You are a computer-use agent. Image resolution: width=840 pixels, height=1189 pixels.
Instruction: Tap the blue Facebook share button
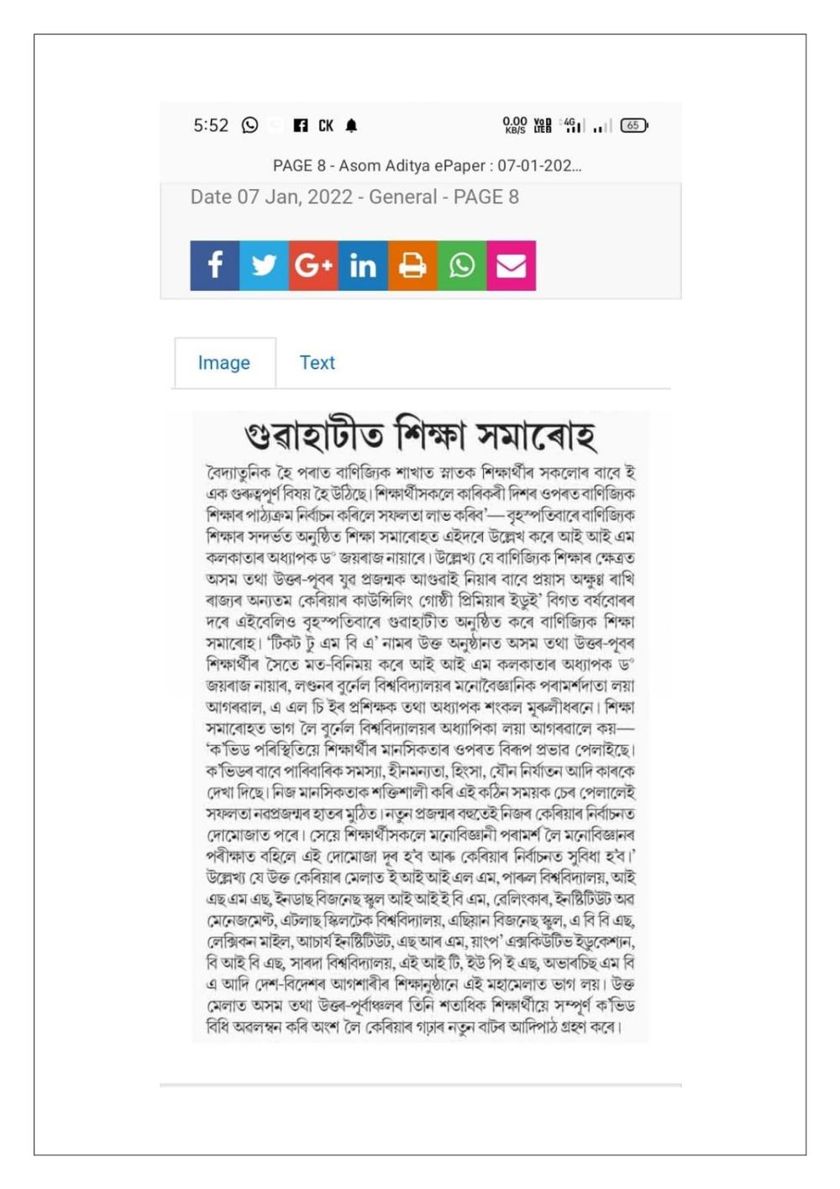click(215, 266)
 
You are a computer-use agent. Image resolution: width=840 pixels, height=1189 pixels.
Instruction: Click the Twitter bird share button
click(264, 266)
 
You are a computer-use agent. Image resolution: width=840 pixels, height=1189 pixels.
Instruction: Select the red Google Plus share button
click(313, 266)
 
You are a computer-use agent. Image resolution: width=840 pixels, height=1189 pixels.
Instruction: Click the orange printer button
click(412, 266)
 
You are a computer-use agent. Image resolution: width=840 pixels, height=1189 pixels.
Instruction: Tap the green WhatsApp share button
click(462, 266)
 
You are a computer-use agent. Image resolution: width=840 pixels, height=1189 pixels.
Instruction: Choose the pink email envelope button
click(511, 266)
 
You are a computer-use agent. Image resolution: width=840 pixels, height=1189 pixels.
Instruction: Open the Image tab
click(224, 363)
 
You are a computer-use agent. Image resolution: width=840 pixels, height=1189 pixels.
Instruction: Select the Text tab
click(317, 363)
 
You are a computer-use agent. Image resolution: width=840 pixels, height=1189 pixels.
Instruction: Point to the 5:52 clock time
click(211, 126)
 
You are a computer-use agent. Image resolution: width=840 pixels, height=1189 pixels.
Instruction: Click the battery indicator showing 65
click(633, 126)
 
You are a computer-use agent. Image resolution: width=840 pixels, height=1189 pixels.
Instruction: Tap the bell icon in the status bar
click(351, 126)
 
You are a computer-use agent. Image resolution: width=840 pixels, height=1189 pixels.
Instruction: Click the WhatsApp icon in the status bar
click(249, 125)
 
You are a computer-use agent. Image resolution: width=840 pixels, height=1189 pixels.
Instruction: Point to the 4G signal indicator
click(573, 126)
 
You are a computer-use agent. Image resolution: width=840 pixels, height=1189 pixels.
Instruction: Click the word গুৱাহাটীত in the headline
click(314, 435)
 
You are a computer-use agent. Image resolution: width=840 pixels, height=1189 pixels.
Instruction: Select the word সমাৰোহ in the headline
click(536, 435)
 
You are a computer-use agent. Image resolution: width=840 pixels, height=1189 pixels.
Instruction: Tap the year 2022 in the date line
click(329, 197)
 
